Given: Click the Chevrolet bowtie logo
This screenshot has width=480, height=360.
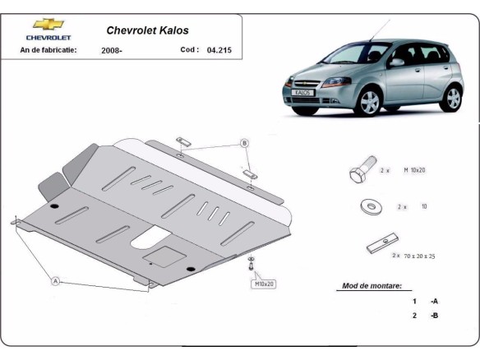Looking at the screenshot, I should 48,25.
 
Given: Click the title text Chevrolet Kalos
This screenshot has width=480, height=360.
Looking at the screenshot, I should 147,30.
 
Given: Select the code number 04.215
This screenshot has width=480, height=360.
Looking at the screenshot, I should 219,50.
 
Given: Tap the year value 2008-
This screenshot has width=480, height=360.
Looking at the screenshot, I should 113,50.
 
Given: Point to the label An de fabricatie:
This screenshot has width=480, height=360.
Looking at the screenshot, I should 48,50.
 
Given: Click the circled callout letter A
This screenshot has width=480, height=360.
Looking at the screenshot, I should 56,281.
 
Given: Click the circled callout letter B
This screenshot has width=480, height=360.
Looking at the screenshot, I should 244,143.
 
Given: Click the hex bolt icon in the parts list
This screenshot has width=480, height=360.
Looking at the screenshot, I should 362,172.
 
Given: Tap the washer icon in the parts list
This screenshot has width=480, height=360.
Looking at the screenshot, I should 370,206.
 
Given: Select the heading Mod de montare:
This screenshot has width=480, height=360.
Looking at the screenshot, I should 372,287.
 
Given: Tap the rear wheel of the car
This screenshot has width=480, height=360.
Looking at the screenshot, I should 452,97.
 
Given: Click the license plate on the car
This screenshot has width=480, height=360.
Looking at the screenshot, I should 304,93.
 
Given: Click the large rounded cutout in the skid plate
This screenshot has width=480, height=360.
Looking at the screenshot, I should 148,239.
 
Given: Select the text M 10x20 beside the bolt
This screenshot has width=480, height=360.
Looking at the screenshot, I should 413,170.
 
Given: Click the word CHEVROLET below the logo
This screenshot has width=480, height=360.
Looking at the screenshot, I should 48,38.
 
